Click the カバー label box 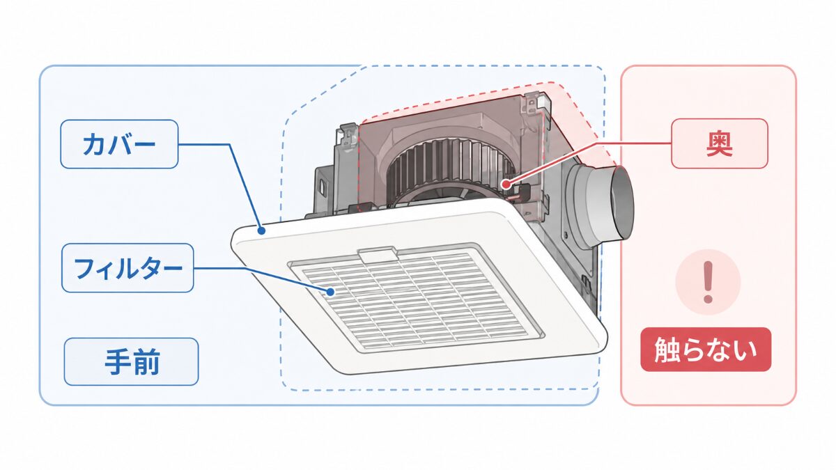(x=119, y=144)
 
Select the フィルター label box (x=127, y=268)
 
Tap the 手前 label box (x=132, y=361)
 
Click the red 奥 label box (x=720, y=143)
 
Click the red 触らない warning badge (x=706, y=350)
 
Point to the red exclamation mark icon (x=708, y=282)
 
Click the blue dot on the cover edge (x=262, y=231)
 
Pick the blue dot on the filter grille (x=331, y=292)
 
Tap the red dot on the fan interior (x=506, y=184)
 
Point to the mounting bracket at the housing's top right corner (x=536, y=104)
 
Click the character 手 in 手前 (x=118, y=362)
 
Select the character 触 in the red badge (x=668, y=350)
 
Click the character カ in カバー (x=95, y=144)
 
